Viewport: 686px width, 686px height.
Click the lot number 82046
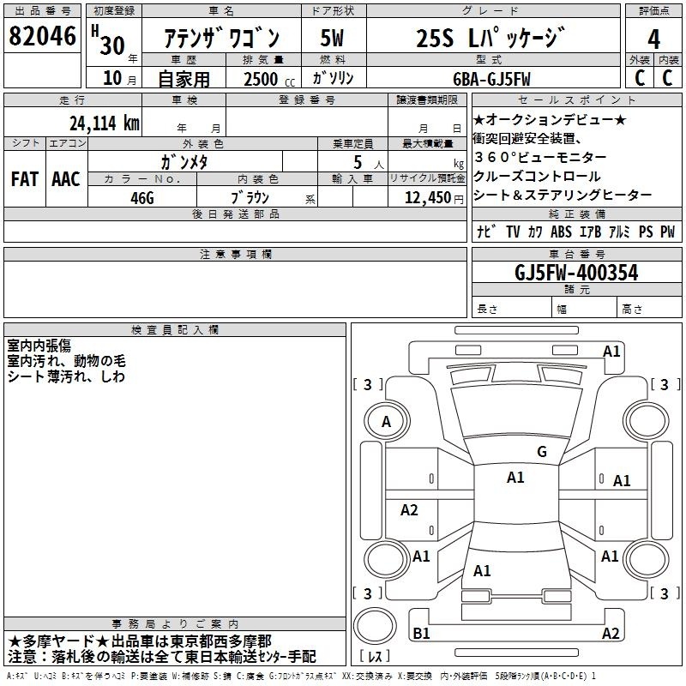(x=42, y=36)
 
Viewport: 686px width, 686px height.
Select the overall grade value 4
(x=653, y=39)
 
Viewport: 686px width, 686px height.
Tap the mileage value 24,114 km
(x=104, y=123)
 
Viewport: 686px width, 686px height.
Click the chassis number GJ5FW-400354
(x=576, y=273)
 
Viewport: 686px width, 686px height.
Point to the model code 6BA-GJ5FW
(x=491, y=79)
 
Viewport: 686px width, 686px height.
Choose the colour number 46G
(x=142, y=198)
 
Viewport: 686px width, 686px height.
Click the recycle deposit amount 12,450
(x=427, y=197)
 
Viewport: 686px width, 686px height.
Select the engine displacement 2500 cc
(x=269, y=79)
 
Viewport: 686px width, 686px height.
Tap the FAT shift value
(x=25, y=179)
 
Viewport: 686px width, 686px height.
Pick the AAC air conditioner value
(x=66, y=179)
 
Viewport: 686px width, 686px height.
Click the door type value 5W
(x=332, y=38)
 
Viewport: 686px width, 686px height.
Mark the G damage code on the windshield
(x=542, y=451)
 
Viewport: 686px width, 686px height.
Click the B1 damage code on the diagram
(x=421, y=633)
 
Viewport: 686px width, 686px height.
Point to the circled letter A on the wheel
(x=386, y=421)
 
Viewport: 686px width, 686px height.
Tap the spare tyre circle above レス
(x=375, y=626)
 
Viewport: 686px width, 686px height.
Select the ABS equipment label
(x=561, y=232)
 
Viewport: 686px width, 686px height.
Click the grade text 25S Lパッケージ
(x=490, y=38)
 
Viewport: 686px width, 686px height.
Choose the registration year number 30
(x=112, y=45)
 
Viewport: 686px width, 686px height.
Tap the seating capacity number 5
(x=358, y=162)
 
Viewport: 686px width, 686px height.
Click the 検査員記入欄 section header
(x=175, y=329)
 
